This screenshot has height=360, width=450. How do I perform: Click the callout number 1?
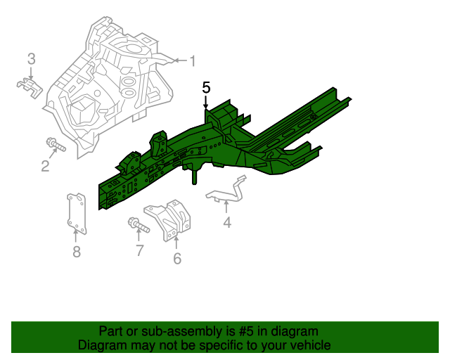coord(192,61)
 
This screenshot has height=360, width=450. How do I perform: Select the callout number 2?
coord(45,166)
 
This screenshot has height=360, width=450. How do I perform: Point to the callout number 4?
coord(226,223)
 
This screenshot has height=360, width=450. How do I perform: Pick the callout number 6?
coord(176,259)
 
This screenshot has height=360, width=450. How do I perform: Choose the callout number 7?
coord(139,250)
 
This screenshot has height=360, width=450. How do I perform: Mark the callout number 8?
coord(76,252)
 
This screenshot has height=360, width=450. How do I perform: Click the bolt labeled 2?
coord(54,146)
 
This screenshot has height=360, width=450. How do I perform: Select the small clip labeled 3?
coord(30,86)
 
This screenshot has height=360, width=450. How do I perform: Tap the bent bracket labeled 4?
coord(229,192)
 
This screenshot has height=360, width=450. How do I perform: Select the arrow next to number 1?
coord(176,61)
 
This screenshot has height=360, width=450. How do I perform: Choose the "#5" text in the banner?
coord(240,331)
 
